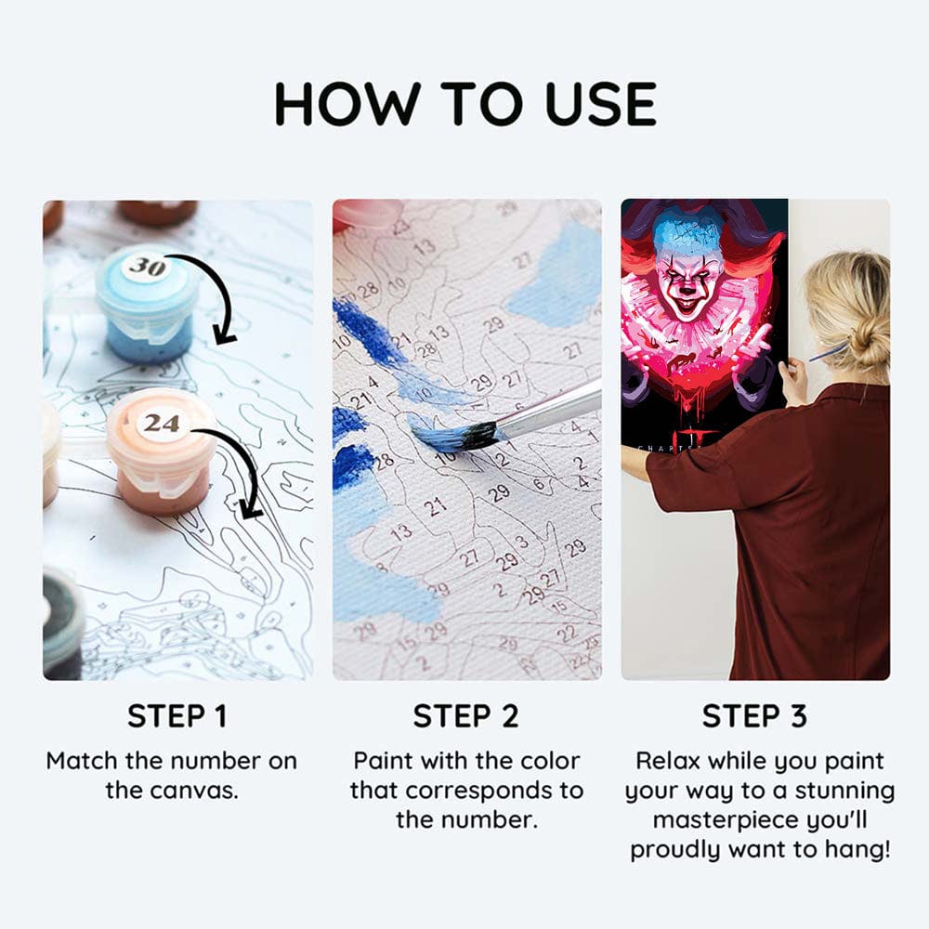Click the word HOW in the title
[347, 104]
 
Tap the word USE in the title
[601, 104]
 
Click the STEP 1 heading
[177, 715]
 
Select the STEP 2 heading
[465, 715]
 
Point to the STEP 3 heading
[754, 715]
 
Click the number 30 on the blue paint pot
[148, 266]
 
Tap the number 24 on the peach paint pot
[162, 423]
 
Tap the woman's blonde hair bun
[870, 345]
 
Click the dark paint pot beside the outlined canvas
[62, 623]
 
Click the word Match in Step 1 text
[83, 761]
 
